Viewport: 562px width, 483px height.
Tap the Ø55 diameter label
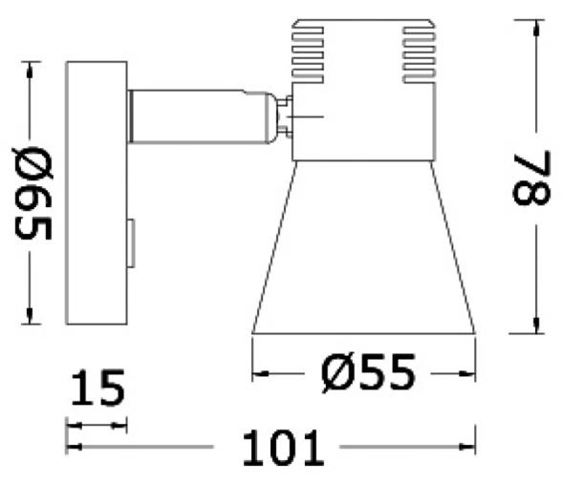[364, 371]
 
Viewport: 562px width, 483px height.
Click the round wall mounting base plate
[96, 195]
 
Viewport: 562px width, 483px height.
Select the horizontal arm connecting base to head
[196, 115]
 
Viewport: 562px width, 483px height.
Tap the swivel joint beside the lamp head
[283, 116]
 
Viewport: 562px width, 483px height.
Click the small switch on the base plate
[132, 243]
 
